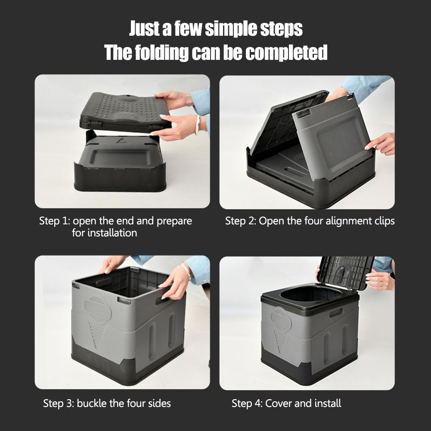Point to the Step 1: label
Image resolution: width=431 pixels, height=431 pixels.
point(54,221)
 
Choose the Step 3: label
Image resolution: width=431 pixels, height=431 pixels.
point(59,403)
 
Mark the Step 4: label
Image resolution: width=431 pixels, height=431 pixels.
point(247,403)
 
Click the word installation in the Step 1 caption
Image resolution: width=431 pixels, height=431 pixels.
point(112,233)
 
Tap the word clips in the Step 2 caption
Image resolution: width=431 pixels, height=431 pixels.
point(383,221)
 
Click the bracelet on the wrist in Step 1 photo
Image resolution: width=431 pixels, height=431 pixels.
point(198,125)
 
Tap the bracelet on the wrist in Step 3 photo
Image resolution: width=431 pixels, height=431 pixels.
point(186,271)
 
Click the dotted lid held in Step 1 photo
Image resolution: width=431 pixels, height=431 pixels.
point(123,110)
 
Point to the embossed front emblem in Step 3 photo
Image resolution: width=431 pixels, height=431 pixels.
point(98,310)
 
